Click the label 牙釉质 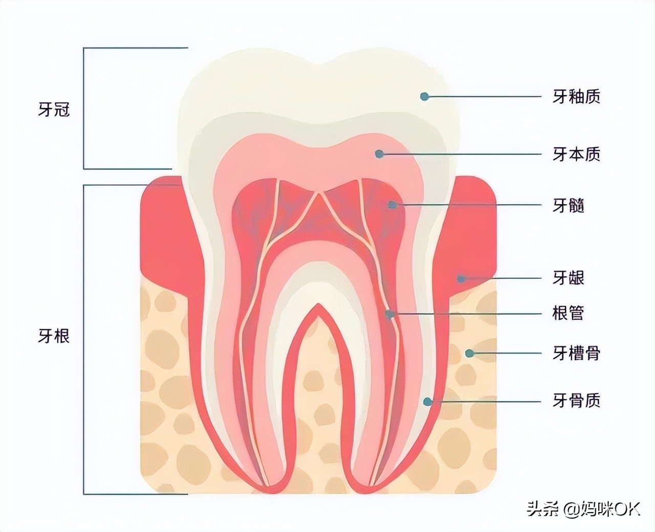click(x=576, y=97)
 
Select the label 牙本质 click(x=576, y=154)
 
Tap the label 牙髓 click(x=569, y=205)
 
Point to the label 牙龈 click(x=569, y=278)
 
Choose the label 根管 click(x=569, y=314)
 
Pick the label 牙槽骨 click(x=576, y=353)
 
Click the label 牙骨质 click(x=576, y=401)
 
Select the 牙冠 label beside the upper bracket click(x=54, y=109)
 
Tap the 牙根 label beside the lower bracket click(x=54, y=336)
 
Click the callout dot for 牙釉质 click(x=424, y=97)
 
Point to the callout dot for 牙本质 click(x=380, y=153)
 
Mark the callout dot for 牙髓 click(x=392, y=205)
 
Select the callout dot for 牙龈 click(x=461, y=279)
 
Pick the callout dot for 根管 click(x=389, y=314)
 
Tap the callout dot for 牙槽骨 click(x=469, y=353)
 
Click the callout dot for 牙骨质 click(x=427, y=402)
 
